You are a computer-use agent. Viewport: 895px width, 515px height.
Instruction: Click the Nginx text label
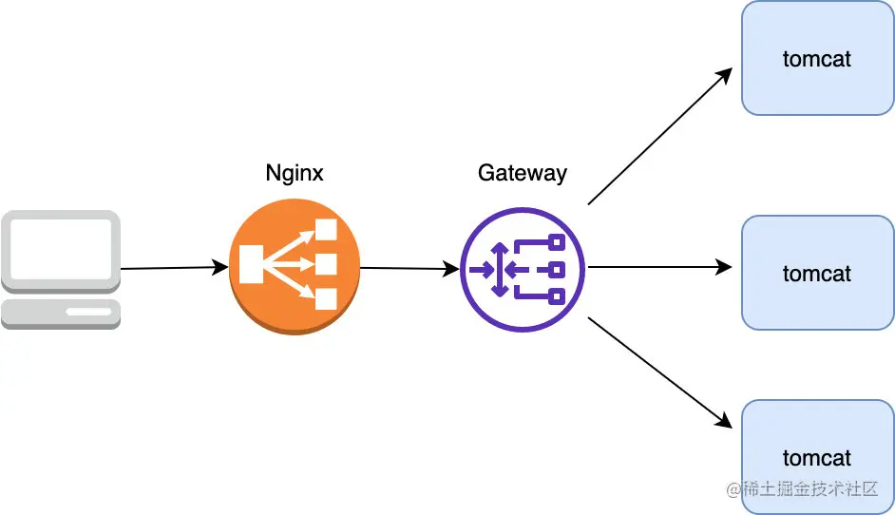click(295, 173)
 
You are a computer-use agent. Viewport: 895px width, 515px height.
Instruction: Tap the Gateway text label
click(523, 173)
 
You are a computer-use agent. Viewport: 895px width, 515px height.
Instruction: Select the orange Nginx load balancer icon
click(295, 267)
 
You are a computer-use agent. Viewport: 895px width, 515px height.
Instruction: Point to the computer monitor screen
click(61, 250)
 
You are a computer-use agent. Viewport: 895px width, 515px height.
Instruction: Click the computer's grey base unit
click(61, 314)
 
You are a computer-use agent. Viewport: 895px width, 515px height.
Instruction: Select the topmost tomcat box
click(817, 58)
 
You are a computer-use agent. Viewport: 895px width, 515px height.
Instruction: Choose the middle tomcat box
click(817, 273)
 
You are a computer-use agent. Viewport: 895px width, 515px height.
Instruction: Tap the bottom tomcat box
click(817, 457)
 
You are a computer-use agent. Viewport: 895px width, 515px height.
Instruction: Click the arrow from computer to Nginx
click(175, 267)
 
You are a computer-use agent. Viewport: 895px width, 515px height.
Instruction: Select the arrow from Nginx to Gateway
click(409, 268)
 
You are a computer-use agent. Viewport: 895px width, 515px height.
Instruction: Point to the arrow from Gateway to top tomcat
click(660, 136)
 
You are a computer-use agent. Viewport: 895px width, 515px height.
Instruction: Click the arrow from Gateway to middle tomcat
click(659, 267)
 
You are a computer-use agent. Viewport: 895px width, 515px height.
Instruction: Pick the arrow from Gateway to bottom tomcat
click(660, 372)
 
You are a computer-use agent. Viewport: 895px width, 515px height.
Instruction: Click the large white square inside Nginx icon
click(251, 264)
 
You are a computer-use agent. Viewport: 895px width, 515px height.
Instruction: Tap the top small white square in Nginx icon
click(326, 230)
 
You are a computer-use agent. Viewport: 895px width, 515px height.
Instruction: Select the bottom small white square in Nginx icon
click(326, 299)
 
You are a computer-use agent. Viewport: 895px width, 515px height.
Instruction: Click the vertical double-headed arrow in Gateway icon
click(500, 270)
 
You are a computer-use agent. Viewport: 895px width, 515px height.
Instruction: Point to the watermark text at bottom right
click(802, 488)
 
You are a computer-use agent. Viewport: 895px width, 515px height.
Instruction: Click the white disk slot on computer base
click(88, 312)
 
